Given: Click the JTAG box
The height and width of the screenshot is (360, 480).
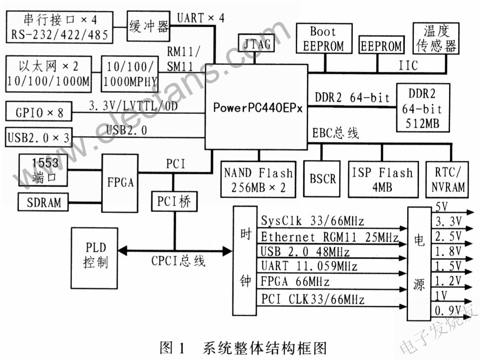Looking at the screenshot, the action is pos(256,43).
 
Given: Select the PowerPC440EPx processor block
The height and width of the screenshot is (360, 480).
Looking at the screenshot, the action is pos(256,107).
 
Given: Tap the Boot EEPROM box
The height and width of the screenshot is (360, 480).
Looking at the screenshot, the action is pos(324,39).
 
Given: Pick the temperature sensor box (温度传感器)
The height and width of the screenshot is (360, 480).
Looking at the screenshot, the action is pos(436,38).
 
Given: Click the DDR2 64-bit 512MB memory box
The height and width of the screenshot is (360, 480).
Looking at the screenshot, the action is pos(423,108).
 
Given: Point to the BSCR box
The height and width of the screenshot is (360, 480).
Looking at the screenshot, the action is pos(322,179).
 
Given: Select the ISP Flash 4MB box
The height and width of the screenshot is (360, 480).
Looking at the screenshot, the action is pos(383,180).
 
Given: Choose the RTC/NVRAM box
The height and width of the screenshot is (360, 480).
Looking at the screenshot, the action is pos(447,180).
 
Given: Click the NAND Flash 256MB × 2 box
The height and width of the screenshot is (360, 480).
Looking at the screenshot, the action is pos(259,180).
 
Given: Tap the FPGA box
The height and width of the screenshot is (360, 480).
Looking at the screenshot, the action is pos(120,183).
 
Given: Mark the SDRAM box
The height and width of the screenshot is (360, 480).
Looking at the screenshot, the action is pos(43,202).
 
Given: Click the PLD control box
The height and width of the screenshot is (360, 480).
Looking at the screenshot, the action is pos(95,258).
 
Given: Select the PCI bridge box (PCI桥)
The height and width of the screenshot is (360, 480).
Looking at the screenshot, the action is pos(174,201).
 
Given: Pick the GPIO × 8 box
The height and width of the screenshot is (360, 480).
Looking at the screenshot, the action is pos(39,111).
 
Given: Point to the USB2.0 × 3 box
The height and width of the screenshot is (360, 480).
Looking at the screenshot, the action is pos(39,137).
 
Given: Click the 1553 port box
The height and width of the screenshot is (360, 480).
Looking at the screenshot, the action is pos(43,170).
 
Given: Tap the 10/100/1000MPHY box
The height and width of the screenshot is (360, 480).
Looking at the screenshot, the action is pos(130,74).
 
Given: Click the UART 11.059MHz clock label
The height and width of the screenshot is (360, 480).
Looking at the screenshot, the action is pos(309,266).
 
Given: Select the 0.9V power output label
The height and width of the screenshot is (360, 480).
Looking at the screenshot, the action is pos(448,310).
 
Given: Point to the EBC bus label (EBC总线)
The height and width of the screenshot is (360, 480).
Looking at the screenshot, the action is pos(335,133).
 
